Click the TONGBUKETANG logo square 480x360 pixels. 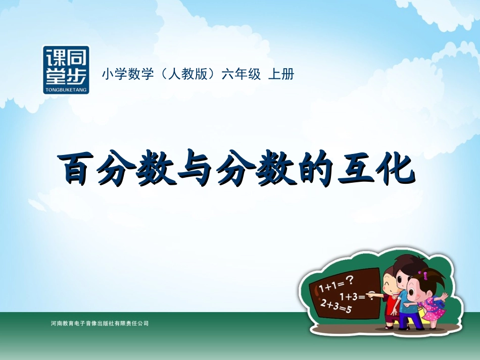(66, 70)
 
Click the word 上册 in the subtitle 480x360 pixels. (281, 74)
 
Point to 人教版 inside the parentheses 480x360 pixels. (186, 74)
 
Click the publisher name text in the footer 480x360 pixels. (100, 323)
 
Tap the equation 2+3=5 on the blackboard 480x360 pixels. (335, 306)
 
